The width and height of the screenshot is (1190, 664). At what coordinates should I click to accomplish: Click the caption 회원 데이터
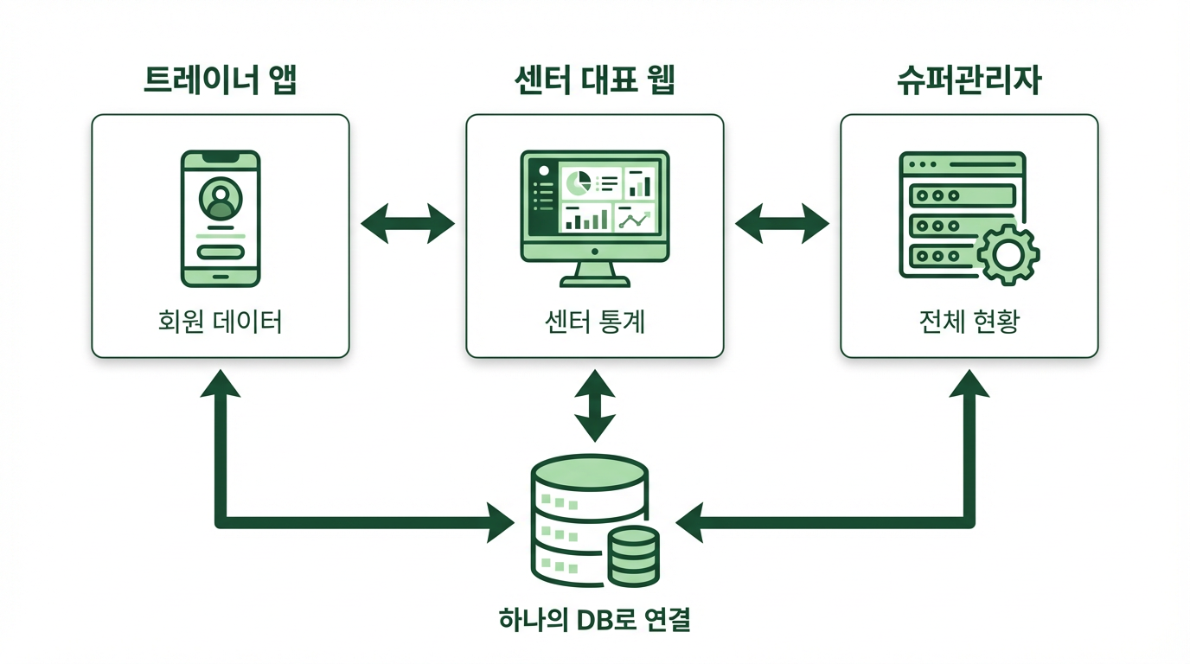pos(221,322)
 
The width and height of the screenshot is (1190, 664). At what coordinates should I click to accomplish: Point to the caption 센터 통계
pos(595,322)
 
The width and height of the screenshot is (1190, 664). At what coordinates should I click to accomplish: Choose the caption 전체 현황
pos(969,322)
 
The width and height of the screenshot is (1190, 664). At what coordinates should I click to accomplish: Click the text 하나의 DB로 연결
pos(595,620)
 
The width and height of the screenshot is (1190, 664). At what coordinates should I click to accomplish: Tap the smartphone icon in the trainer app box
pos(221,218)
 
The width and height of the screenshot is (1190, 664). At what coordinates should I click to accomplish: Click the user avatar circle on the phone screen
pos(221,199)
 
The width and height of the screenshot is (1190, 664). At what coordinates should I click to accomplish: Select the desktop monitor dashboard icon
pos(595,216)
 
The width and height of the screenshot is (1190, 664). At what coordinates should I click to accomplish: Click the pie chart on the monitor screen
pos(577,182)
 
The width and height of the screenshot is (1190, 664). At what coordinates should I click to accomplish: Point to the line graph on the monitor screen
pos(635,219)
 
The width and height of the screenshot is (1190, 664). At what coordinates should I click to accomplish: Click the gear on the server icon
pos(1007,254)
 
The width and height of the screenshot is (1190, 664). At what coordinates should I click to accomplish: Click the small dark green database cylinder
pos(634,555)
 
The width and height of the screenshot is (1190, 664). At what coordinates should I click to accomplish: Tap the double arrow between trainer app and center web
pos(407,225)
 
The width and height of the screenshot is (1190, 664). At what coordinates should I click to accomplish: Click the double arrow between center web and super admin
pos(782,225)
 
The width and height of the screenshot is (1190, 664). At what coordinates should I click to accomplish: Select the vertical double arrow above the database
pos(595,404)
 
